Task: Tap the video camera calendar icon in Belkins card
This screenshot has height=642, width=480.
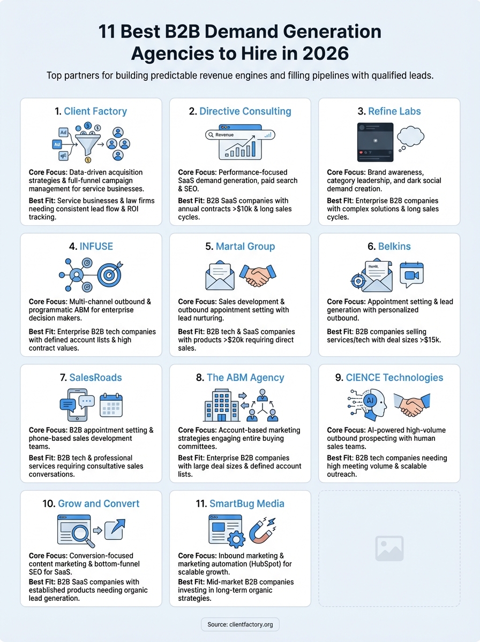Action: [x=411, y=274]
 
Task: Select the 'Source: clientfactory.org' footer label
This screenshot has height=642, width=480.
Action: [x=240, y=624]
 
